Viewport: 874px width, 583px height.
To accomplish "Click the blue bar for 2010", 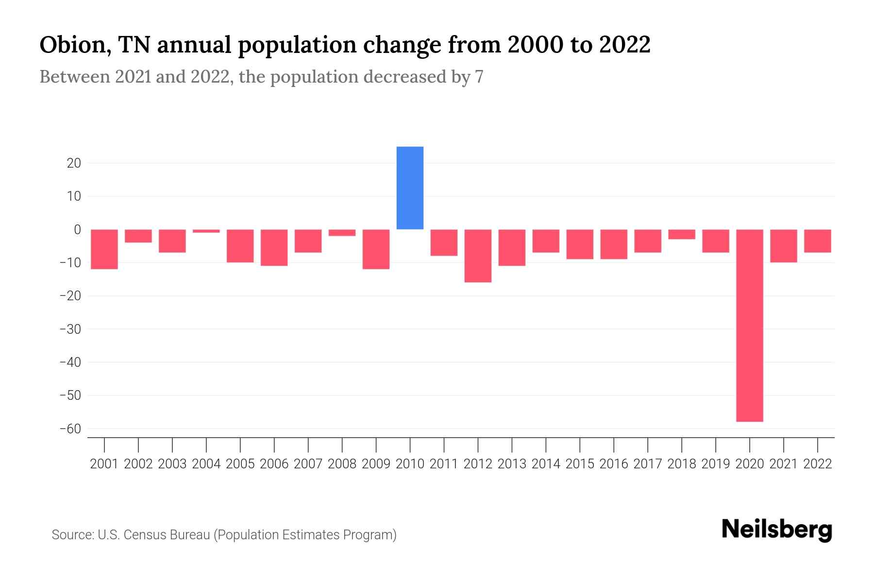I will click(x=410, y=188).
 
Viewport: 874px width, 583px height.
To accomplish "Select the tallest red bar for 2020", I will click(x=749, y=326).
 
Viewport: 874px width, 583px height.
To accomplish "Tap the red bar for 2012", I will click(x=478, y=256).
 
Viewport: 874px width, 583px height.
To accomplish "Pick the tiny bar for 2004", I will click(x=206, y=231).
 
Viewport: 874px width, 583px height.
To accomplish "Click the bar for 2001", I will click(x=104, y=249).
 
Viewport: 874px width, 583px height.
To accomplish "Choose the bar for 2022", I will click(x=817, y=241).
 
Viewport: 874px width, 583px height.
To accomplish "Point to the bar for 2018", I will click(x=681, y=234).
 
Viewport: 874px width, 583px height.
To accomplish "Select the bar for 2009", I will click(x=376, y=249).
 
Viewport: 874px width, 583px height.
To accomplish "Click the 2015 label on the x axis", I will click(x=580, y=464).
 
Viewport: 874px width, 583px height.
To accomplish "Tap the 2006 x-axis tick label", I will click(x=274, y=464).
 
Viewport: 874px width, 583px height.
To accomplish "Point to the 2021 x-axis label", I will click(x=783, y=464).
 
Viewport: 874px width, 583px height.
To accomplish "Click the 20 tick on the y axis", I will click(x=74, y=163).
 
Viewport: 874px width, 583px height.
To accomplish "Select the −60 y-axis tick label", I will click(x=70, y=429).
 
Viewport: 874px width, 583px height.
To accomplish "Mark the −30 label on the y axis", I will click(x=70, y=329).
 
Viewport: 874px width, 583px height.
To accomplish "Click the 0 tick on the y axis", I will click(x=77, y=230).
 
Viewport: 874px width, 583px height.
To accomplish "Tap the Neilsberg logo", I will click(x=777, y=530).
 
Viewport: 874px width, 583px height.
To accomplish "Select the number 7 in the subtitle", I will click(x=479, y=77).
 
